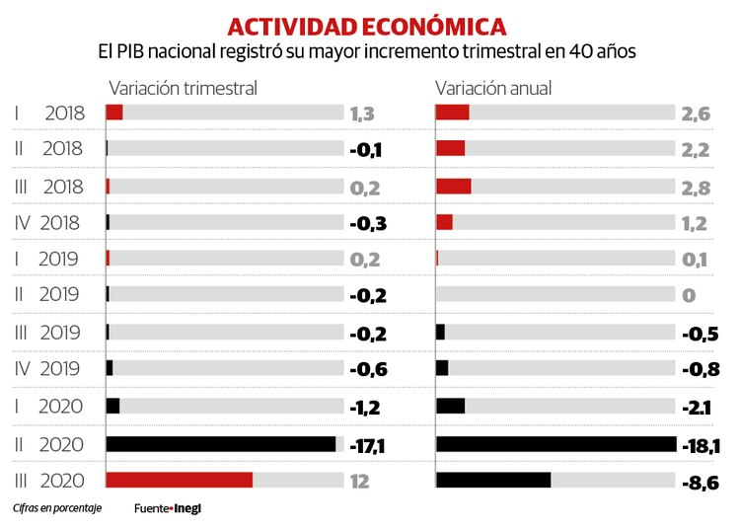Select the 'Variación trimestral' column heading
(183, 88)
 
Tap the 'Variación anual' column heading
(493, 88)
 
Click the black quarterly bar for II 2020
(221, 444)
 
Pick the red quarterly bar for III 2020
(179, 480)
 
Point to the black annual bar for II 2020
(555, 444)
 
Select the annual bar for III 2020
(492, 480)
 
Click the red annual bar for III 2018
(453, 186)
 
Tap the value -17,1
(367, 445)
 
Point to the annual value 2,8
(694, 187)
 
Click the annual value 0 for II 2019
(689, 295)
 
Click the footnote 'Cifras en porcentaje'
(57, 509)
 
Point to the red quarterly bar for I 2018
(113, 112)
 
